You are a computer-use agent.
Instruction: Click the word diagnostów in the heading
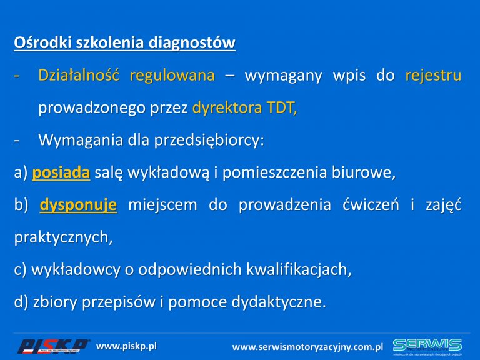pos(192,43)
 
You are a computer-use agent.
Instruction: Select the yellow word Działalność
pos(79,75)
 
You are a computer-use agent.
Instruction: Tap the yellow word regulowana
pos(172,76)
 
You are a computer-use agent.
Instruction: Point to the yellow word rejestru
pos(433,76)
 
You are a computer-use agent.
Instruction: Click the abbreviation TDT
pos(282,107)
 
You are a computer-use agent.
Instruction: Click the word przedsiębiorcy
pos(209,140)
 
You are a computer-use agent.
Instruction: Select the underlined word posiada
pos(61,172)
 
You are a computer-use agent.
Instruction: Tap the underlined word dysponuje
pos(78,205)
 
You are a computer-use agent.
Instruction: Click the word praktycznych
pos(63,237)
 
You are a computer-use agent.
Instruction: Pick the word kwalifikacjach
pos(299,270)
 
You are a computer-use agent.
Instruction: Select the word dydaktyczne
pos(279,302)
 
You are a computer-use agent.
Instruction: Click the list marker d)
pos(21,302)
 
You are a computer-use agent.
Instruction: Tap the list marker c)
pos(20,270)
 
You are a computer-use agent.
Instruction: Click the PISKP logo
pos(54,346)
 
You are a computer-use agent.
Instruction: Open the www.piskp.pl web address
pos(126,346)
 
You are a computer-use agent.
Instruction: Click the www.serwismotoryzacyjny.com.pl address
pos(307,347)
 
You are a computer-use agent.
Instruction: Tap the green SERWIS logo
pos(427,346)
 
